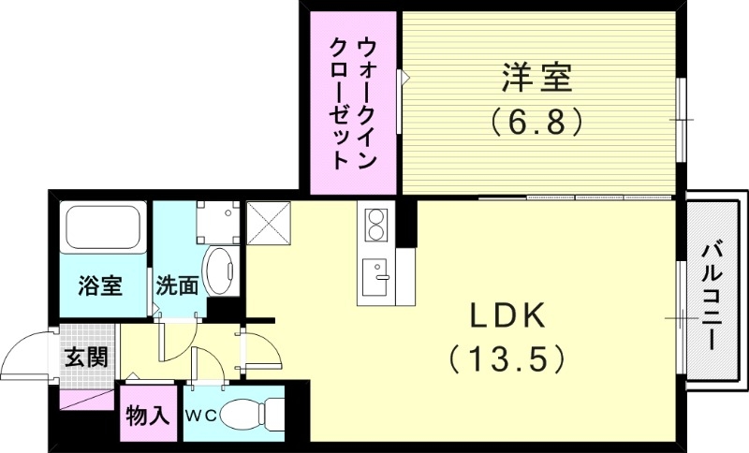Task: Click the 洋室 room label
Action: coord(536,79)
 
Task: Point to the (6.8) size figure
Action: coord(536,121)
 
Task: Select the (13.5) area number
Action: coord(507,357)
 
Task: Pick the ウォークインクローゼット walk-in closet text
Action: coord(355,103)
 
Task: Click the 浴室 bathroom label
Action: coord(99,285)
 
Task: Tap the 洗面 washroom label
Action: coord(176,285)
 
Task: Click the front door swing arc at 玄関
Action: coord(28,352)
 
